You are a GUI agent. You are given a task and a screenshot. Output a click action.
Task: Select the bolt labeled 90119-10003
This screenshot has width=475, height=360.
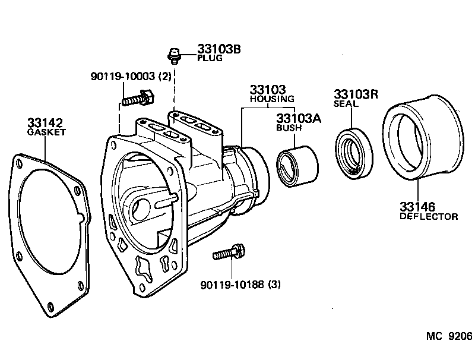138,97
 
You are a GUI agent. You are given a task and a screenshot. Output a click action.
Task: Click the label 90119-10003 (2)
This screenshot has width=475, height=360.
123,77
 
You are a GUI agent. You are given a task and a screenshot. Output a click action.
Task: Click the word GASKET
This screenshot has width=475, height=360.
47,132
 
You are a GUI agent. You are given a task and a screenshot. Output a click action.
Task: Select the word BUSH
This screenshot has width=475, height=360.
290,127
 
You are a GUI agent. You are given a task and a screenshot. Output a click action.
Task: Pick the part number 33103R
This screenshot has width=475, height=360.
356,94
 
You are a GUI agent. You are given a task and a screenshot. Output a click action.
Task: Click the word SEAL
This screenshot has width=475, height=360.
346,103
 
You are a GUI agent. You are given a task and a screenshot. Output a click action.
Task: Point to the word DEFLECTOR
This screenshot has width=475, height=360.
427,216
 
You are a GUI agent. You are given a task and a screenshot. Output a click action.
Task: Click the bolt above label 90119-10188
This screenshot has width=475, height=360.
229,252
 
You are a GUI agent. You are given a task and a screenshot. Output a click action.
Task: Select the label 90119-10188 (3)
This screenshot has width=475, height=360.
240,285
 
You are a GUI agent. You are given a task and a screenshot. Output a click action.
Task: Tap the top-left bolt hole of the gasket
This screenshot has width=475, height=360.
21,161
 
